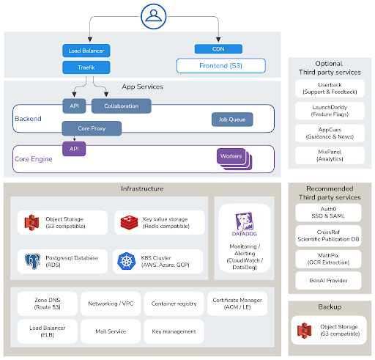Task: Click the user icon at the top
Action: (x=154, y=16)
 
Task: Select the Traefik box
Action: (x=86, y=67)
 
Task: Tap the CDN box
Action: (x=218, y=49)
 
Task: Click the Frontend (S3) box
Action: (x=221, y=65)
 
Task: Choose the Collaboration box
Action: (x=122, y=106)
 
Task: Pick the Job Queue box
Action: (x=232, y=120)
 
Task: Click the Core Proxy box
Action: (x=92, y=128)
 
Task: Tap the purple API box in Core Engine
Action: (x=74, y=149)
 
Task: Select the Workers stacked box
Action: (x=234, y=159)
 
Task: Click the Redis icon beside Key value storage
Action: (x=129, y=222)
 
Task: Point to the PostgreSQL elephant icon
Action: (x=33, y=261)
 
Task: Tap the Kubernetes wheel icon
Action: (x=126, y=261)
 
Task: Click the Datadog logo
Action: (x=245, y=224)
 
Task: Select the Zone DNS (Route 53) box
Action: (x=48, y=304)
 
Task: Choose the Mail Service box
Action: (x=111, y=331)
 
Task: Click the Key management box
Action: (x=174, y=331)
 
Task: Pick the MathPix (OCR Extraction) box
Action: (x=328, y=259)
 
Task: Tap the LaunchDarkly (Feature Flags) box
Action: (x=330, y=111)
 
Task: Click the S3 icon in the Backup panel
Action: (x=304, y=331)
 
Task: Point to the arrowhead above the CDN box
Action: (x=218, y=40)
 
